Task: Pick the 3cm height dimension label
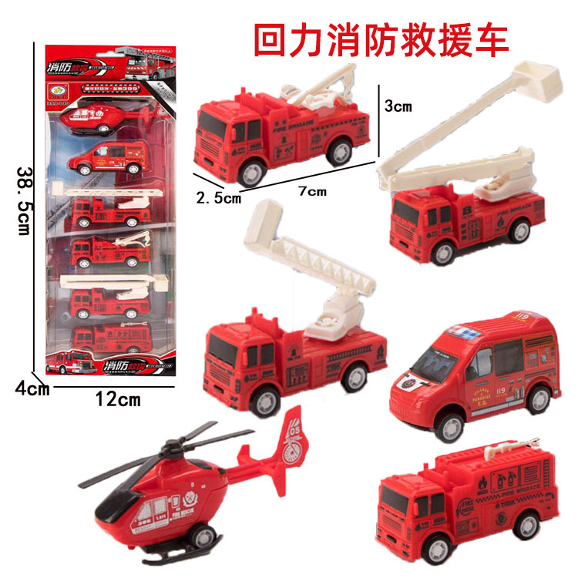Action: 398,106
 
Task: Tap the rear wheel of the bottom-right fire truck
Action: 528,526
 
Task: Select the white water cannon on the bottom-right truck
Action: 509,445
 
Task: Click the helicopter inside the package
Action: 96,120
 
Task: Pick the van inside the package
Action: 107,159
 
